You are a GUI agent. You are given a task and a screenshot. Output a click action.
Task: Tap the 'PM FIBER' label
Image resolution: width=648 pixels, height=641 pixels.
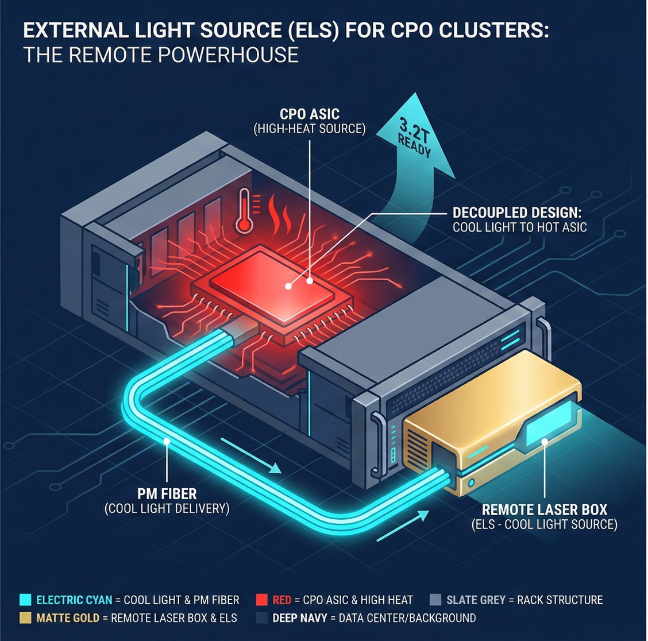pos(167,493)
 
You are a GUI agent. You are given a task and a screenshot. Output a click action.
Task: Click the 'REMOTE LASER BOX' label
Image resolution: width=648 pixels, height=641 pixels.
pos(544,509)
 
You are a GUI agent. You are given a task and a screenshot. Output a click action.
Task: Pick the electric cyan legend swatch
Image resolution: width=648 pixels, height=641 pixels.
pos(25,600)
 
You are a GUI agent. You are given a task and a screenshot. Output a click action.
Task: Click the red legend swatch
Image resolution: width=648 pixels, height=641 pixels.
pos(262,600)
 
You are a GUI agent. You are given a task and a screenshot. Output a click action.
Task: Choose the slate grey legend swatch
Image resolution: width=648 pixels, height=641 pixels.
pos(435,600)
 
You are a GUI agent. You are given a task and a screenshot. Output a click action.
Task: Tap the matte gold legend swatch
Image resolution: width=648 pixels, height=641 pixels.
pos(25,619)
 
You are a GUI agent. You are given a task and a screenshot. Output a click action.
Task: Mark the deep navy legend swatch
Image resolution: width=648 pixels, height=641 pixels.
pos(262,619)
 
